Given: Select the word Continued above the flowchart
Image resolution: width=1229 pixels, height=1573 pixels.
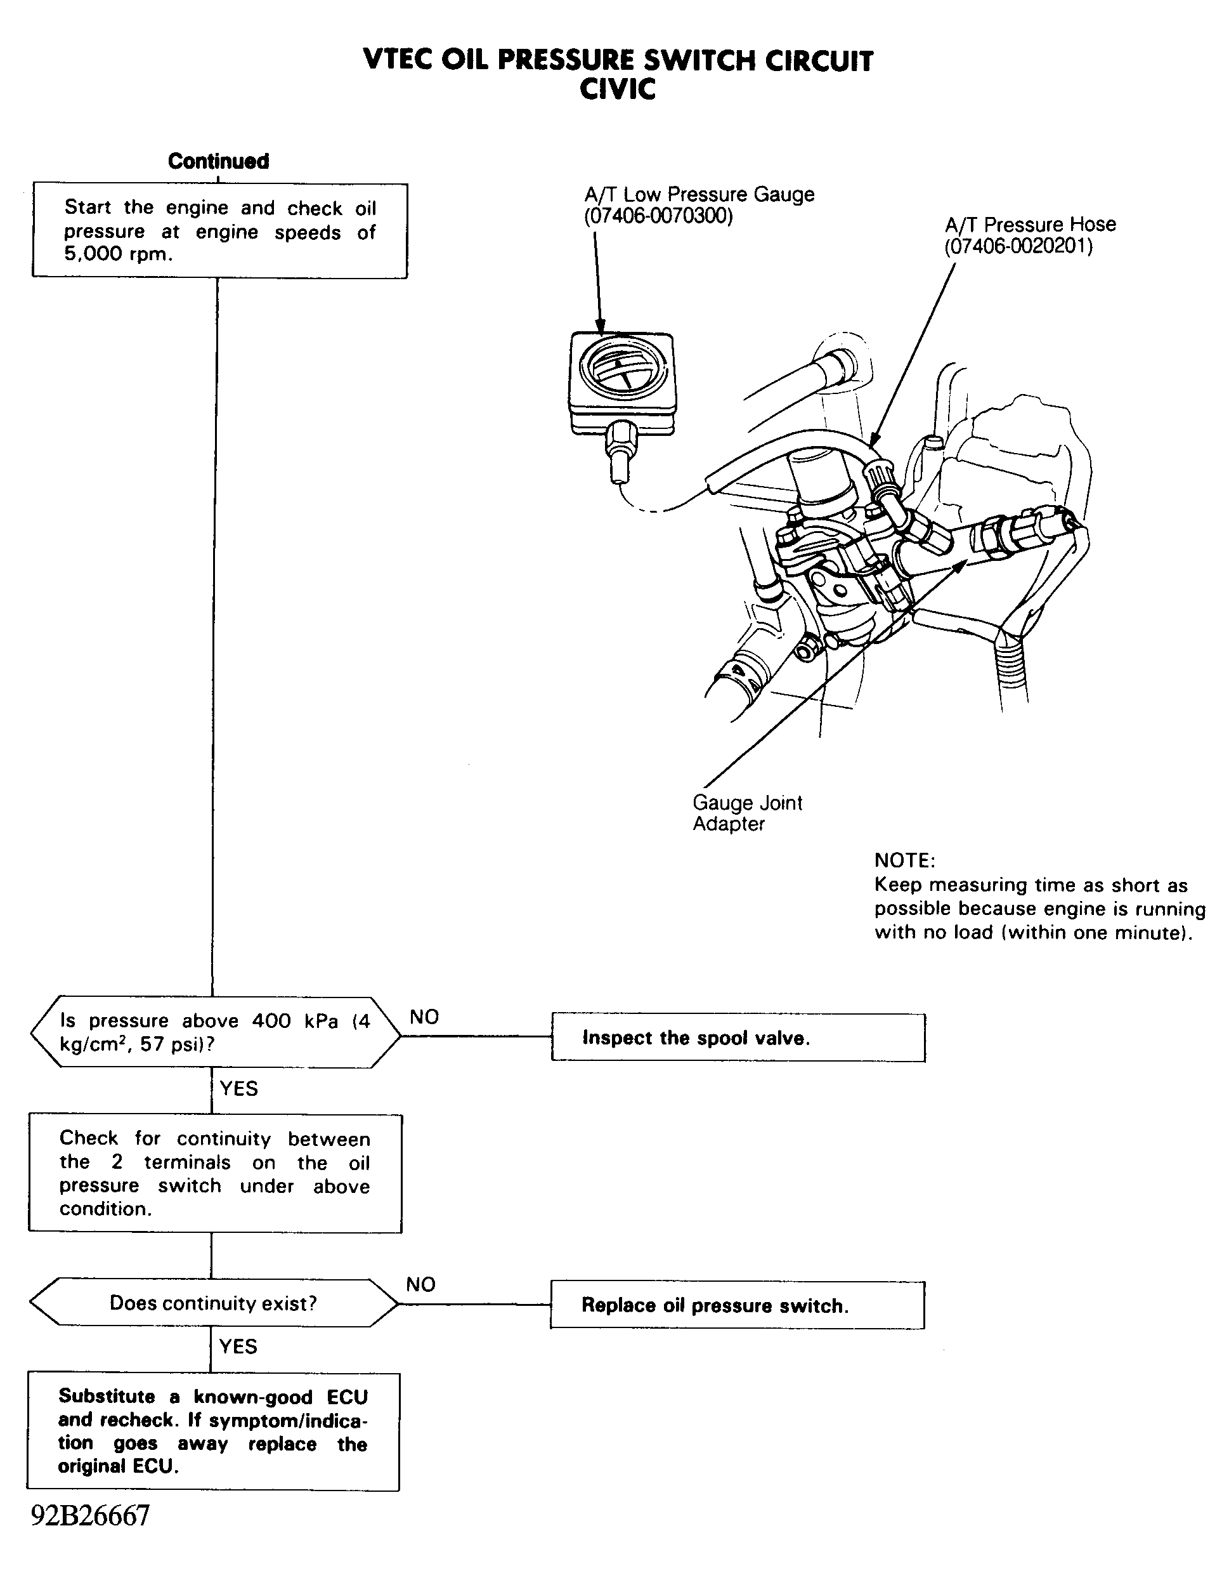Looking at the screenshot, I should point(218,161).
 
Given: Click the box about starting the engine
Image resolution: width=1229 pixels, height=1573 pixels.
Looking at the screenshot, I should point(219,230).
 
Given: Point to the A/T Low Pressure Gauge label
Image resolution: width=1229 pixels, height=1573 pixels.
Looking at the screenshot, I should point(699,194).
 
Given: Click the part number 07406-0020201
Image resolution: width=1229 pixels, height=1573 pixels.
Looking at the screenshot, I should point(1018,247).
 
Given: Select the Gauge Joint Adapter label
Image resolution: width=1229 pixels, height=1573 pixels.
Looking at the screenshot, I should point(746,813).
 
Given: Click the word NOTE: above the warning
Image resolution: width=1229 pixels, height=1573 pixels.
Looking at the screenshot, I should point(904,860).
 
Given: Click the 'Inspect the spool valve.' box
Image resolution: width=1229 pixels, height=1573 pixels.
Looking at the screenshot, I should point(738,1037).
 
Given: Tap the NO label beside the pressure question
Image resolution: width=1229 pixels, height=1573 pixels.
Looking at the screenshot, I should point(424,1017).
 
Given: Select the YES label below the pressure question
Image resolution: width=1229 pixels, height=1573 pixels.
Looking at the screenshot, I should point(238,1088).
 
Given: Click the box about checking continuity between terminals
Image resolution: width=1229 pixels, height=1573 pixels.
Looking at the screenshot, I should point(214,1173).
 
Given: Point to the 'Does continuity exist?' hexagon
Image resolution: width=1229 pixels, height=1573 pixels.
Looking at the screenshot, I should point(213,1303).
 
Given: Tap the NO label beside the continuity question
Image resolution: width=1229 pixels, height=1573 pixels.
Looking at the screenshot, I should point(420,1284).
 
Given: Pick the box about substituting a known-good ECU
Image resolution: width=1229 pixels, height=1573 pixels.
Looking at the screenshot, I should point(213,1431).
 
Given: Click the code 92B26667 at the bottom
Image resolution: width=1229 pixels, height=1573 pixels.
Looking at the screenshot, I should point(90,1515).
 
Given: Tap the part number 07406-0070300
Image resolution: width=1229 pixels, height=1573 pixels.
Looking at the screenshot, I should point(658,216).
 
